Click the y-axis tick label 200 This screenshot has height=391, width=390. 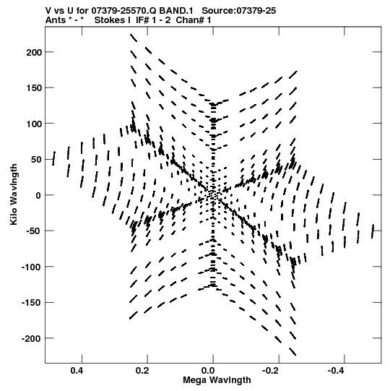33,52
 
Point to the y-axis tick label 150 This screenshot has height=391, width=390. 33,87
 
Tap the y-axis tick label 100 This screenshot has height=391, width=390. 33,124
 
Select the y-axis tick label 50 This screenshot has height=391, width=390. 36,159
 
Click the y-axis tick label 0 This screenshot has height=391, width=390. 38,195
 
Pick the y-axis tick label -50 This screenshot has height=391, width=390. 33,231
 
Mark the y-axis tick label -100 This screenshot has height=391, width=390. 31,267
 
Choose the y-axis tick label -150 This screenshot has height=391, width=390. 31,303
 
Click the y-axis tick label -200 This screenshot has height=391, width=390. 31,338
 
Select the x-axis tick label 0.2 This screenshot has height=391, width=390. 142,371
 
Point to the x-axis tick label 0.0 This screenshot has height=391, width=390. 208,371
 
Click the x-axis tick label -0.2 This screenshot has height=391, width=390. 272,371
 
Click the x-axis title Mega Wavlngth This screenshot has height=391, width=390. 217,380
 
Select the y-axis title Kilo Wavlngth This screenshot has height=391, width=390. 14,194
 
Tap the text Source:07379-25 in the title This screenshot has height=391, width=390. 238,11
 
